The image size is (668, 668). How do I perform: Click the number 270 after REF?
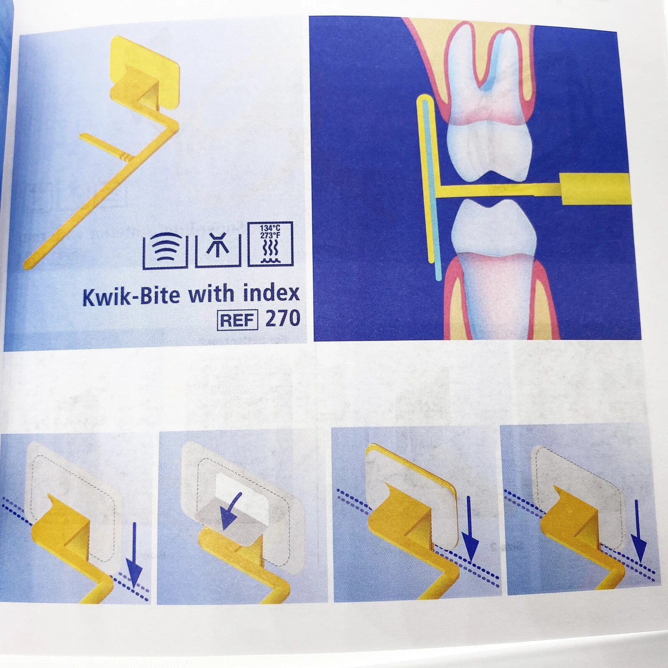point(283,319)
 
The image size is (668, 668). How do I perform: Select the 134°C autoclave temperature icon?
point(270,244)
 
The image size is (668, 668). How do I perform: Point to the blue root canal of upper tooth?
point(497,63)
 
